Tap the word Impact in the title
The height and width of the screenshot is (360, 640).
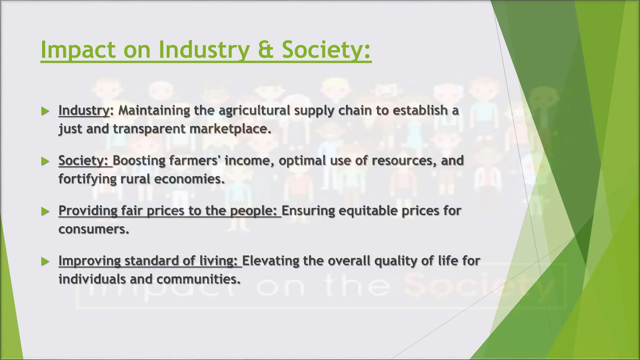(78, 50)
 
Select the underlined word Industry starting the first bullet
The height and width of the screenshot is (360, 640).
(84, 110)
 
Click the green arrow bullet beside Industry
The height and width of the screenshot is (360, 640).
(45, 111)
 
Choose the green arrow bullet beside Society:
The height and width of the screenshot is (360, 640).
(45, 161)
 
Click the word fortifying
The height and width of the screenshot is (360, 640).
(87, 179)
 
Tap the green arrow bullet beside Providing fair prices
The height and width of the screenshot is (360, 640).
(45, 212)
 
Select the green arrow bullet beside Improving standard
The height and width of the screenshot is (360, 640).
(45, 262)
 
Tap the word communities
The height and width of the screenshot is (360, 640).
(198, 279)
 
